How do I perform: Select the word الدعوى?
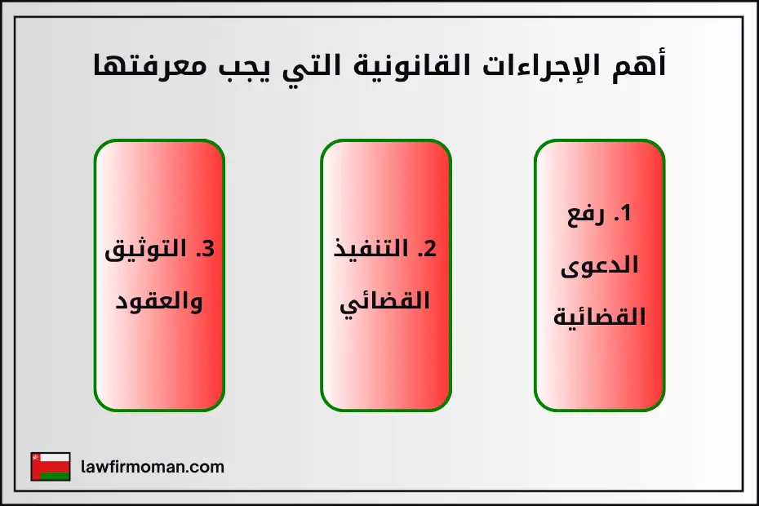point(600,265)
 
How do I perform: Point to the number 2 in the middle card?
point(426,250)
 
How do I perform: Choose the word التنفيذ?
point(371,250)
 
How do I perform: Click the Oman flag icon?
point(51,467)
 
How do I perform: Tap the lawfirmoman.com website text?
point(153,467)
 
